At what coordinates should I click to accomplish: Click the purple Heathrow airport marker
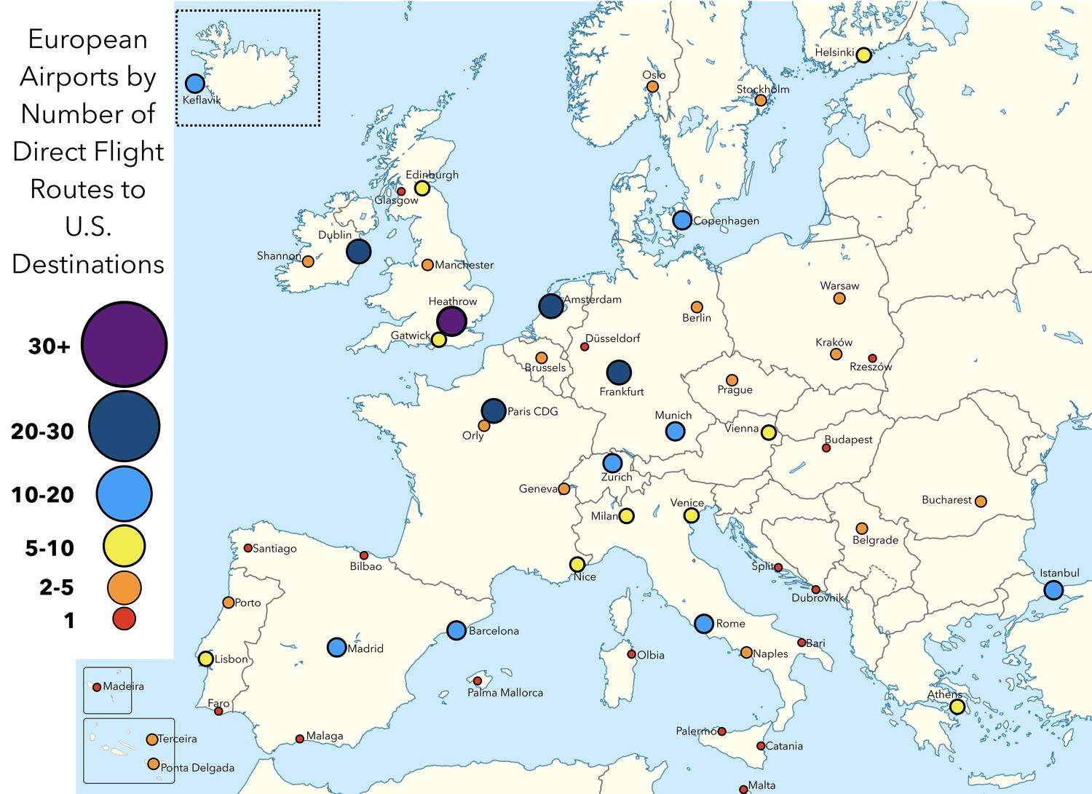[451, 321]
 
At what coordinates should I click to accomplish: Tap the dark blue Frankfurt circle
[619, 373]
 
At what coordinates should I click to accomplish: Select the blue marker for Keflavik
[195, 83]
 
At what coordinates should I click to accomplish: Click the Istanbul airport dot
[1053, 590]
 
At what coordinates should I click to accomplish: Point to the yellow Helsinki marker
[863, 55]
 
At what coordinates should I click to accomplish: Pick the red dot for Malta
[743, 789]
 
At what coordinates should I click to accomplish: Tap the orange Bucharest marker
[981, 501]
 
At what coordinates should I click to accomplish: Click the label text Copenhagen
[726, 221]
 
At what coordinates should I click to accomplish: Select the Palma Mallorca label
[505, 693]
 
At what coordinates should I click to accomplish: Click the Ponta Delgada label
[197, 768]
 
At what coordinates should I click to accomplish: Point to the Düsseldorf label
[613, 338]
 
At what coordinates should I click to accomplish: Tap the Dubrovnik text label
[818, 598]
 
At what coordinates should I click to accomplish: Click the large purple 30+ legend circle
[124, 344]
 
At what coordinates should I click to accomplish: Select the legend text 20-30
[42, 432]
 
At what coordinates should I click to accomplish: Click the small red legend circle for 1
[124, 619]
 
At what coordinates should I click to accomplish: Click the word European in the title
[87, 39]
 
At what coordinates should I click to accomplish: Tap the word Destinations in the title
[88, 264]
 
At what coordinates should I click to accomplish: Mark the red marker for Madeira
[97, 687]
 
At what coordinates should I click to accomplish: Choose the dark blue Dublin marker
[358, 252]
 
